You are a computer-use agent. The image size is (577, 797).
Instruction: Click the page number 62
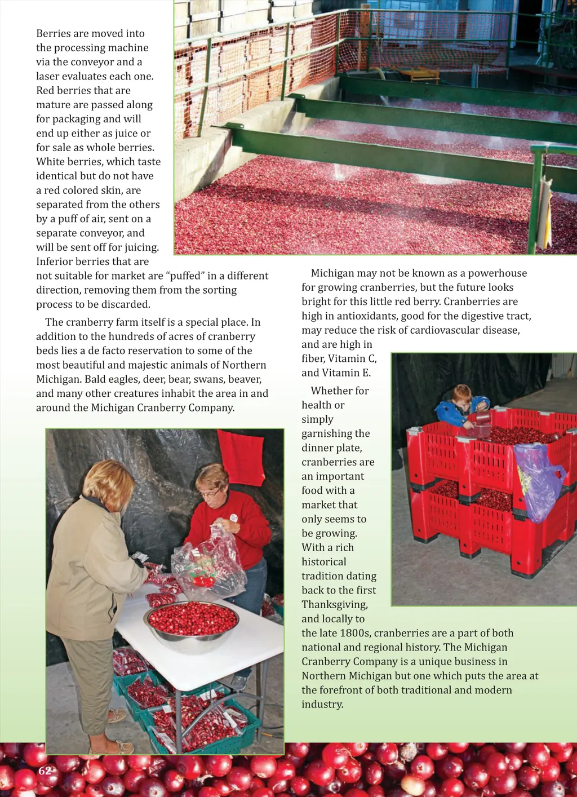tap(45, 771)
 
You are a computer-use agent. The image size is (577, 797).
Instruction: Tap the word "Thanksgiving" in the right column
tap(334, 605)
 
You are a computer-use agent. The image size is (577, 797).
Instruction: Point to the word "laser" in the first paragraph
tap(49, 77)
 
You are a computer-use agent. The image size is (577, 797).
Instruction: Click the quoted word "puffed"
tap(185, 276)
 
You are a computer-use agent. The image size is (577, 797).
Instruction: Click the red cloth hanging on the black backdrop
tap(241, 457)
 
